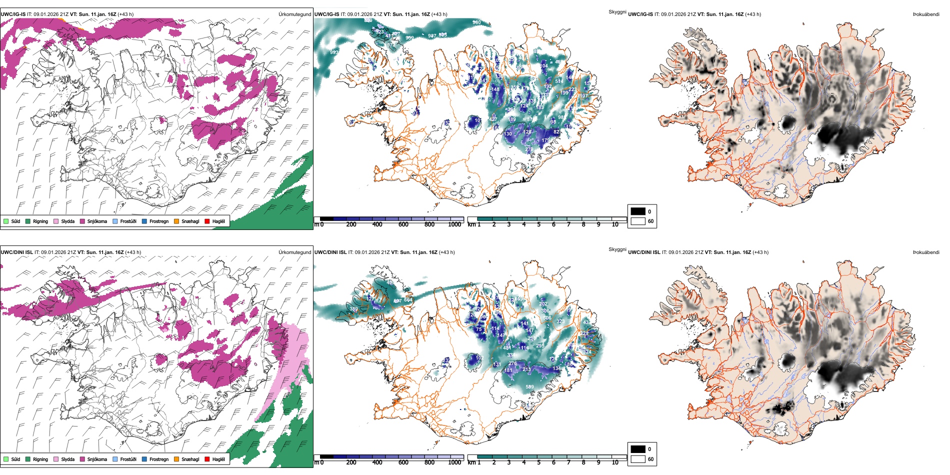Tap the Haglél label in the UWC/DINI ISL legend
click(x=218, y=459)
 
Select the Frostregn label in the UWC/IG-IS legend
click(x=159, y=221)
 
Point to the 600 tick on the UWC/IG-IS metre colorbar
click(x=403, y=224)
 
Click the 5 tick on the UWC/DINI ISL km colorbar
click(x=539, y=462)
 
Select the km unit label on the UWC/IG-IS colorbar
click(x=471, y=224)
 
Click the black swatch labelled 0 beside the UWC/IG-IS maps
click(x=638, y=211)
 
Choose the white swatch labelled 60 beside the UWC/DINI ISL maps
click(x=638, y=458)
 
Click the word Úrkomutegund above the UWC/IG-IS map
click(x=294, y=14)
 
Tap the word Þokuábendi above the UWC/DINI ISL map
click(x=926, y=252)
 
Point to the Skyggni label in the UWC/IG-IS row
click(x=617, y=12)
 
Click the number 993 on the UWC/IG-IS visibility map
click(x=334, y=52)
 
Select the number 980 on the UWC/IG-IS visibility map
click(x=476, y=22)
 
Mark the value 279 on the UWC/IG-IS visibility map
click(x=529, y=149)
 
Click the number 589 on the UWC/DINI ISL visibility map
click(x=529, y=386)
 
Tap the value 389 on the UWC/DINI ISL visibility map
click(x=353, y=309)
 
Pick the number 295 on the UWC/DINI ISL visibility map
click(x=540, y=346)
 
